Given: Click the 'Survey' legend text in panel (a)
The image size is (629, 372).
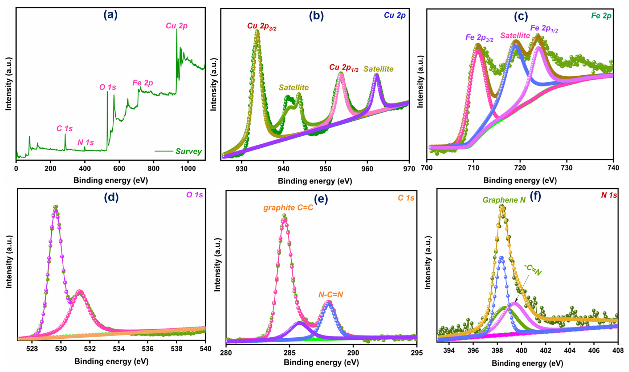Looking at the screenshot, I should click(x=188, y=151).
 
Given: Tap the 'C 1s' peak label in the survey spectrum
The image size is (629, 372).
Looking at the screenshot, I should click(x=65, y=129).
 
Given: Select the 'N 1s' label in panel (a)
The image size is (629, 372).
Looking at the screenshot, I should click(x=86, y=142).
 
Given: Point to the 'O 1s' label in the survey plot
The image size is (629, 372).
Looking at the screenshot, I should click(x=108, y=87).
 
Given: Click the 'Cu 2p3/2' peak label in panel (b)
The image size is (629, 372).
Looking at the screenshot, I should click(x=262, y=26).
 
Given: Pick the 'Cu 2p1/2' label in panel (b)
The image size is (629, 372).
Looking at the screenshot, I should click(x=344, y=68).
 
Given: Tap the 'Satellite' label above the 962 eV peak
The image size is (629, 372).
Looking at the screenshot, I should click(x=378, y=69).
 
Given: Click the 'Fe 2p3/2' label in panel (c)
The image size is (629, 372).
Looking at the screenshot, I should click(x=479, y=38).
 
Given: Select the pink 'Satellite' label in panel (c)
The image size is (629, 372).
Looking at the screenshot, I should click(x=515, y=36).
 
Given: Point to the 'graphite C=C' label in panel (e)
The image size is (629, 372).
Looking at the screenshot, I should click(x=288, y=208).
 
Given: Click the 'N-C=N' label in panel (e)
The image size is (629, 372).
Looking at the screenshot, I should click(x=330, y=295).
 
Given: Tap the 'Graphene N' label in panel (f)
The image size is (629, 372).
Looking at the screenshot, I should click(x=504, y=200).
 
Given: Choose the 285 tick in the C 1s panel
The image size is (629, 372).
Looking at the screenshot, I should click(x=290, y=353).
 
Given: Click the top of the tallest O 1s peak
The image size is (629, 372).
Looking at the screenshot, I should click(x=56, y=207).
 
